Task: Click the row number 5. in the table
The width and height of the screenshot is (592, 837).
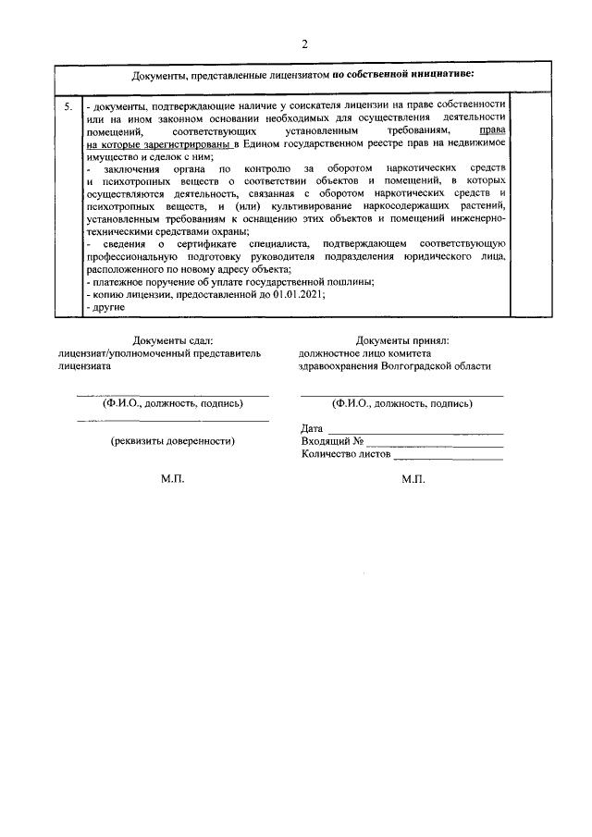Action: click(68, 107)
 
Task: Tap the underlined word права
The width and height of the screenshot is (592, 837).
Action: click(491, 131)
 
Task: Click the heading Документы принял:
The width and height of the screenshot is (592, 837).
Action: click(401, 340)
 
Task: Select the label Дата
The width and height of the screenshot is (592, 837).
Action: click(313, 428)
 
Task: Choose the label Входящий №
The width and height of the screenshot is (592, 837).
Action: click(330, 441)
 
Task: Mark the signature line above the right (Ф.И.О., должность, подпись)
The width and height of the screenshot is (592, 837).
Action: click(401, 395)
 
